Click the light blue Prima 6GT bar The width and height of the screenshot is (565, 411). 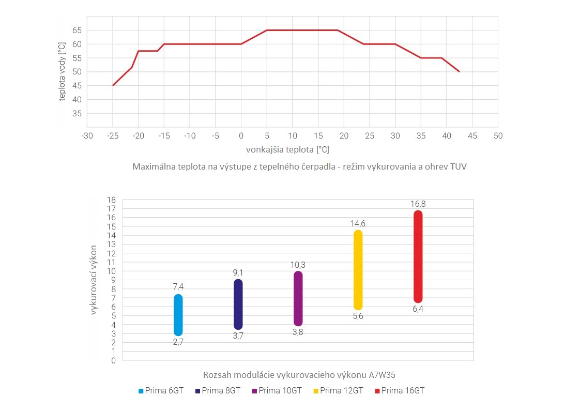178,315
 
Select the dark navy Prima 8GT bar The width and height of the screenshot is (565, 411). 238,305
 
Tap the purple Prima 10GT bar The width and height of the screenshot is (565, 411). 298,299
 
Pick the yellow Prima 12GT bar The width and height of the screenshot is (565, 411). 358,270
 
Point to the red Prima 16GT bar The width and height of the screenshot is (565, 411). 418,256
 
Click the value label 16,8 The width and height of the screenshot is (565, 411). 418,204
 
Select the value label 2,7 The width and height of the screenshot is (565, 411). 178,342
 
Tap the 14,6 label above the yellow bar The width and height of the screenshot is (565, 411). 358,223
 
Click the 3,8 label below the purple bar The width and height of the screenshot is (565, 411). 298,332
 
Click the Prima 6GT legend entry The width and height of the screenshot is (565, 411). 161,391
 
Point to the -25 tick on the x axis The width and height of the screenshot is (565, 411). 113,135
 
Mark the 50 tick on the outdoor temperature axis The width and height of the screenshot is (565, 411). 498,135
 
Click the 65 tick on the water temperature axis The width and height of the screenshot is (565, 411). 77,31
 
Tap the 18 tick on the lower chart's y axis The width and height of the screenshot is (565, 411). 112,200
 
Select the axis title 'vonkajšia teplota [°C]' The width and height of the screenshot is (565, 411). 287,149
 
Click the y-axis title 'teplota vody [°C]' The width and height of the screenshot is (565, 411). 62,72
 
